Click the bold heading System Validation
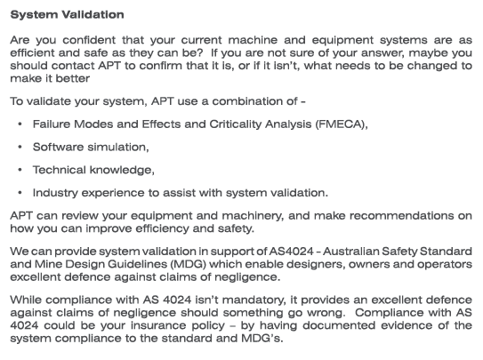67,15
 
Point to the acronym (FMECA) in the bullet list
338,124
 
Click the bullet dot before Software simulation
19,147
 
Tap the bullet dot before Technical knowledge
19,170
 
